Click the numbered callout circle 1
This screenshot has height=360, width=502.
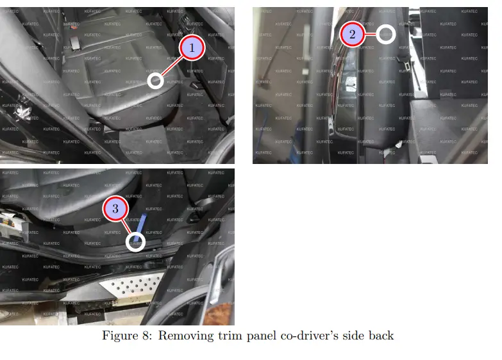(191, 48)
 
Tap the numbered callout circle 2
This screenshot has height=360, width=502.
(352, 35)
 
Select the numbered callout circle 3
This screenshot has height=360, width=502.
(115, 209)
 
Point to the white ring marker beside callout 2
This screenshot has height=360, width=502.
(385, 34)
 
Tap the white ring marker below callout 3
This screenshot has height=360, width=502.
(137, 241)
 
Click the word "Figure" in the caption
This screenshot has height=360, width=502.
(121, 336)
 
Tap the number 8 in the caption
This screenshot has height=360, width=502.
(147, 336)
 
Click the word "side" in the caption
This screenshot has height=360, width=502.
(353, 336)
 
